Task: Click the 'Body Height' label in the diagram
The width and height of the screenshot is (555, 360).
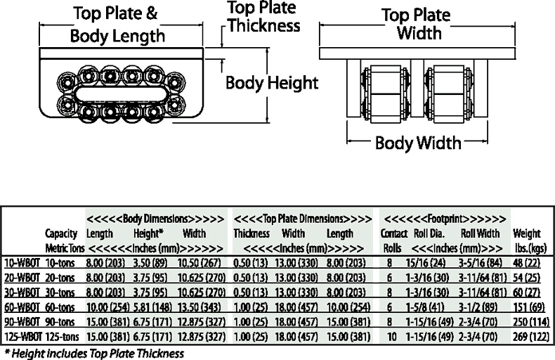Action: [x=272, y=83]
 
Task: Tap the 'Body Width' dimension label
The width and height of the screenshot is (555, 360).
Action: [x=418, y=143]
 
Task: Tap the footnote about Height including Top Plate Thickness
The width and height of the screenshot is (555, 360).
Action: [x=95, y=353]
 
